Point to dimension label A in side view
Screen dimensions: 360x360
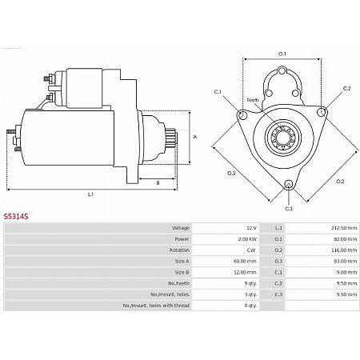[196, 137]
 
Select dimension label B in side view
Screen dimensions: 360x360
[158, 183]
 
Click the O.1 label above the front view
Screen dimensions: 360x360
[282, 54]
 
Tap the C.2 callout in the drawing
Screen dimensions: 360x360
[346, 88]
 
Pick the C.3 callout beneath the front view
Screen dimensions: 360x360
[289, 209]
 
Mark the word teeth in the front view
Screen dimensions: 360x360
[253, 100]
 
